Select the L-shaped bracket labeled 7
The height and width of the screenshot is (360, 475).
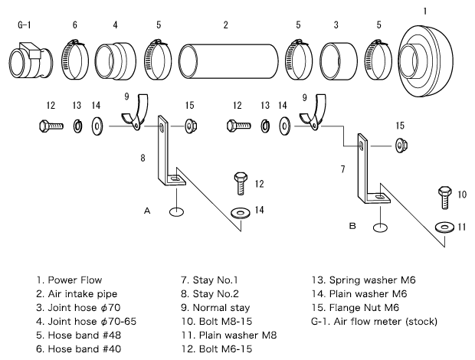coord(371,173)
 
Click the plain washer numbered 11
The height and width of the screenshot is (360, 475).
coord(444,227)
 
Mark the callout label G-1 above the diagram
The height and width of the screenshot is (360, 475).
coord(24,25)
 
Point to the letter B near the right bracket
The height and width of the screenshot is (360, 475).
coord(352,226)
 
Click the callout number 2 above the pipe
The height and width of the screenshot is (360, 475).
coord(226,25)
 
